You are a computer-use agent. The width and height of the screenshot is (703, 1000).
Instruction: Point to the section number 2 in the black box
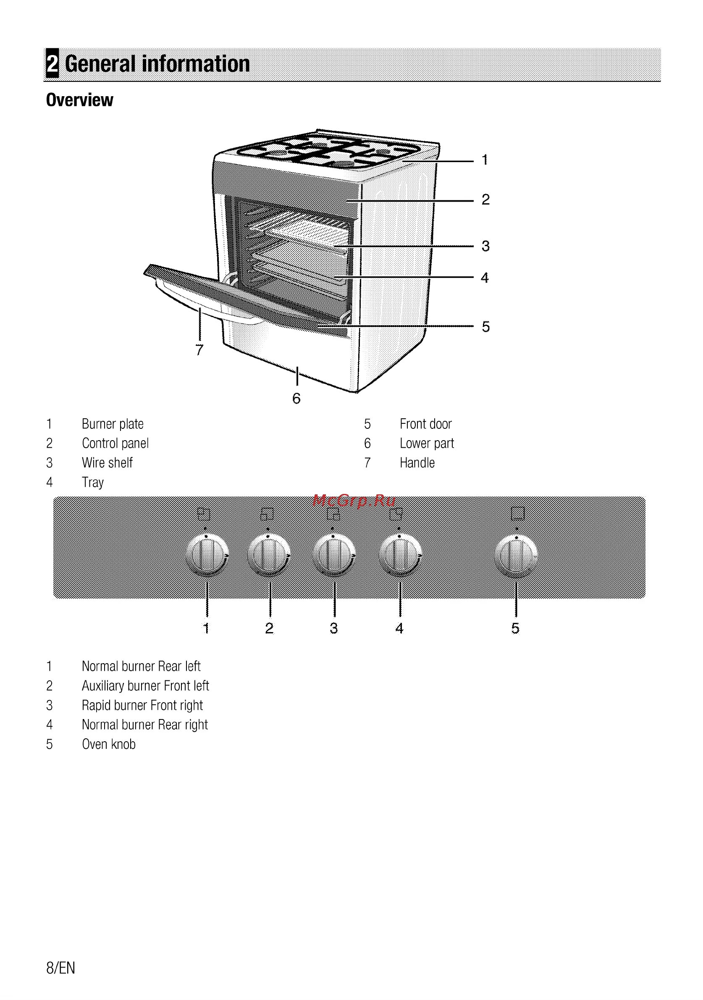[x=52, y=64]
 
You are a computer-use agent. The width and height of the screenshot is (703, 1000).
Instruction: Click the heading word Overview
[x=79, y=100]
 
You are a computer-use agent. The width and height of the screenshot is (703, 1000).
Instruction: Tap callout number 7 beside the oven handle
[x=199, y=350]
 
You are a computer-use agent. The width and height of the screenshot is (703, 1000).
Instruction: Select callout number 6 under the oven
[x=296, y=398]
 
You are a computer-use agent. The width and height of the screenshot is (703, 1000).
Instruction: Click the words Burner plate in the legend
[x=113, y=424]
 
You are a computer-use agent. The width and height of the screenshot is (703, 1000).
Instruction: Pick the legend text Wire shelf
[x=107, y=462]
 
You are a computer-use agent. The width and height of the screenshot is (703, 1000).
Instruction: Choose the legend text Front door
[x=425, y=424]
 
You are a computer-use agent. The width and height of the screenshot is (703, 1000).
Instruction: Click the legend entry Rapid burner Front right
[x=142, y=705]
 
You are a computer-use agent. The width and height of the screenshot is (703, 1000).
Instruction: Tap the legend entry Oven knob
[x=108, y=744]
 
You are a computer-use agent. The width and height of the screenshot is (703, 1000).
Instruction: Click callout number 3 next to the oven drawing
[x=485, y=246]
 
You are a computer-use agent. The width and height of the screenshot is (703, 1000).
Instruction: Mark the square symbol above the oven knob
[x=517, y=513]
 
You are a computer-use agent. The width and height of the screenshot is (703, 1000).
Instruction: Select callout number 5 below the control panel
[x=515, y=628]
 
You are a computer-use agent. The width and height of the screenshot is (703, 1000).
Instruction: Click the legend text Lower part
[x=427, y=444]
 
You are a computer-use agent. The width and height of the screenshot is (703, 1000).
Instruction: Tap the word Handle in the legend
[x=417, y=462]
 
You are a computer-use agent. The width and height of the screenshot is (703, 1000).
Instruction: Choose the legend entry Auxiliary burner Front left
[x=145, y=685]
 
